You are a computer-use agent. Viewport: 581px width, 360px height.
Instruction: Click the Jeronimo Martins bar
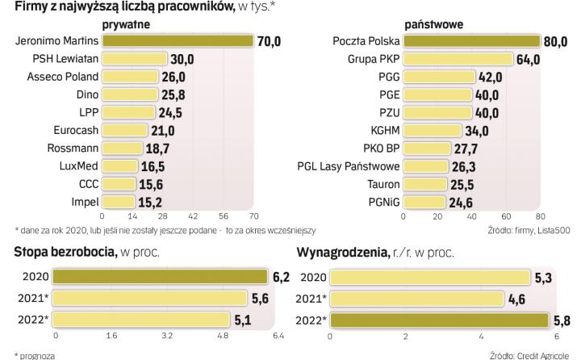(178, 41)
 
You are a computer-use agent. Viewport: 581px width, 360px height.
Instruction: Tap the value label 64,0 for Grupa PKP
(529, 59)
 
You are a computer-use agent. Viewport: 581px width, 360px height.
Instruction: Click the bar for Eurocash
(124, 131)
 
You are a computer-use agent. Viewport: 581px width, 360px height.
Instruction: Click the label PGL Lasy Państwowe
(349, 166)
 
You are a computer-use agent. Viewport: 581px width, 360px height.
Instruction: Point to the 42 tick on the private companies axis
(193, 217)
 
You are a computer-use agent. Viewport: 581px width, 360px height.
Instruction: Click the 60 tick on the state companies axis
(507, 217)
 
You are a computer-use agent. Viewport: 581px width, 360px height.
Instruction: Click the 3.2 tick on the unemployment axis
(167, 334)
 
